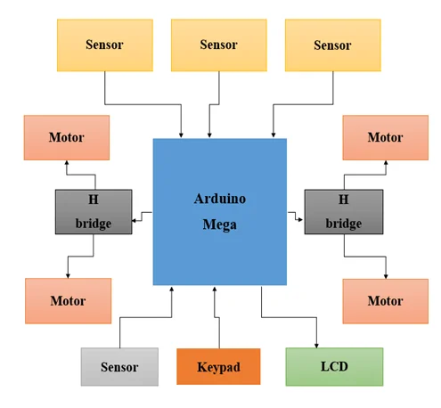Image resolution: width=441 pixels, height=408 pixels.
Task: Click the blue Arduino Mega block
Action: point(219,211)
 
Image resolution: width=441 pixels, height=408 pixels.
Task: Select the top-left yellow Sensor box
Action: point(105,45)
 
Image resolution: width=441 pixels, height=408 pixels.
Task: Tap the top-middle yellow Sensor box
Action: point(219,45)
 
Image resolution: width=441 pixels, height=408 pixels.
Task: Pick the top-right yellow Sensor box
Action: point(333,45)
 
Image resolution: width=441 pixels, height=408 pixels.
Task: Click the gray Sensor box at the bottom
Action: point(119,367)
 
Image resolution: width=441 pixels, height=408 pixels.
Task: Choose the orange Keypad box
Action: point(218,366)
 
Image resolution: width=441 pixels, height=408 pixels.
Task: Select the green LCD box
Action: point(334,367)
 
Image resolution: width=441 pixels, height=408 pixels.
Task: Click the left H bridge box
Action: point(94,212)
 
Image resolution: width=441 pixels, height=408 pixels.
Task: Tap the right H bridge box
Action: point(344,212)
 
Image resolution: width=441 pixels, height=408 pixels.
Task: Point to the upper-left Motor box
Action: point(67,137)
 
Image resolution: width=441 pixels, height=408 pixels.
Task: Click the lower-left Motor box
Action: point(68,301)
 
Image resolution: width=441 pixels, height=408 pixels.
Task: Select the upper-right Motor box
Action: point(386,137)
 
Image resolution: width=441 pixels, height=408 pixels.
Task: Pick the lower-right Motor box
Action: point(386,301)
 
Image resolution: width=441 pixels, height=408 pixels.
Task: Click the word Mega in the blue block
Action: point(219,224)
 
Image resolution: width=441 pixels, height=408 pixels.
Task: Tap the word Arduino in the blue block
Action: point(220,199)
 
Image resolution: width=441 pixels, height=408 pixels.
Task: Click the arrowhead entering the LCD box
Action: point(316,346)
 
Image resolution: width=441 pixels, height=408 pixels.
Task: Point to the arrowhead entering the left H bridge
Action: point(134,221)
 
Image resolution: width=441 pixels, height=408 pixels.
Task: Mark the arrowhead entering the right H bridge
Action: point(300,220)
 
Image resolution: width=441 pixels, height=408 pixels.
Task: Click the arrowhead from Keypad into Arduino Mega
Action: point(215,289)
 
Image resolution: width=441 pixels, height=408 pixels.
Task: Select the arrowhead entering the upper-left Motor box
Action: point(67,163)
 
